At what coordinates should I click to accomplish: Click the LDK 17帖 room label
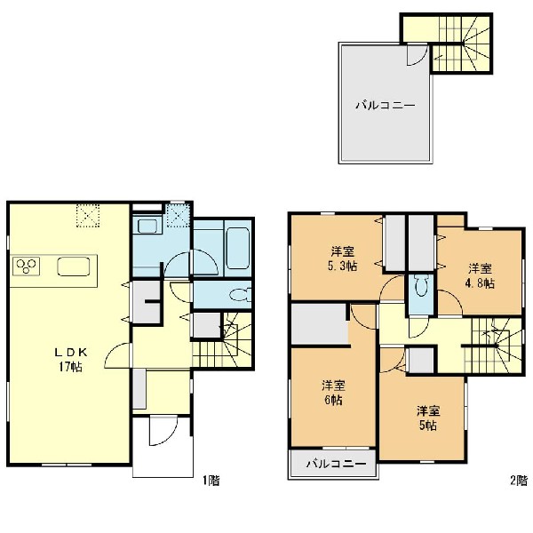(71, 360)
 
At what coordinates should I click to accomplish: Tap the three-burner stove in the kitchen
(26, 266)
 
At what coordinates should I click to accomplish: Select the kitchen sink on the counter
(74, 266)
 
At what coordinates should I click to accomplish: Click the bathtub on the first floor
(238, 248)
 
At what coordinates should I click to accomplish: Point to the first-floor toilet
(241, 294)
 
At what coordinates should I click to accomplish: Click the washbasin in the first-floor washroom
(146, 226)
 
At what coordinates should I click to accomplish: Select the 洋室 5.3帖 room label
(342, 259)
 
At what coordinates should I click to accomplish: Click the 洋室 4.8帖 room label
(480, 275)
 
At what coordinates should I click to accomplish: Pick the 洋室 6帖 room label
(333, 394)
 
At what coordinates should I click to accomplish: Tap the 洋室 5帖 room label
(428, 418)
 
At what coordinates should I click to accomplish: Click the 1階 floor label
(211, 481)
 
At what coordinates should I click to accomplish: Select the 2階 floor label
(519, 481)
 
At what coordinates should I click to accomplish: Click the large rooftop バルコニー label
(386, 105)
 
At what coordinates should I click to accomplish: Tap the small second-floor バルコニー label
(336, 464)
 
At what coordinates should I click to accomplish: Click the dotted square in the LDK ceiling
(87, 216)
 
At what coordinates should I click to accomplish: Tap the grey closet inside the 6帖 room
(320, 323)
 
